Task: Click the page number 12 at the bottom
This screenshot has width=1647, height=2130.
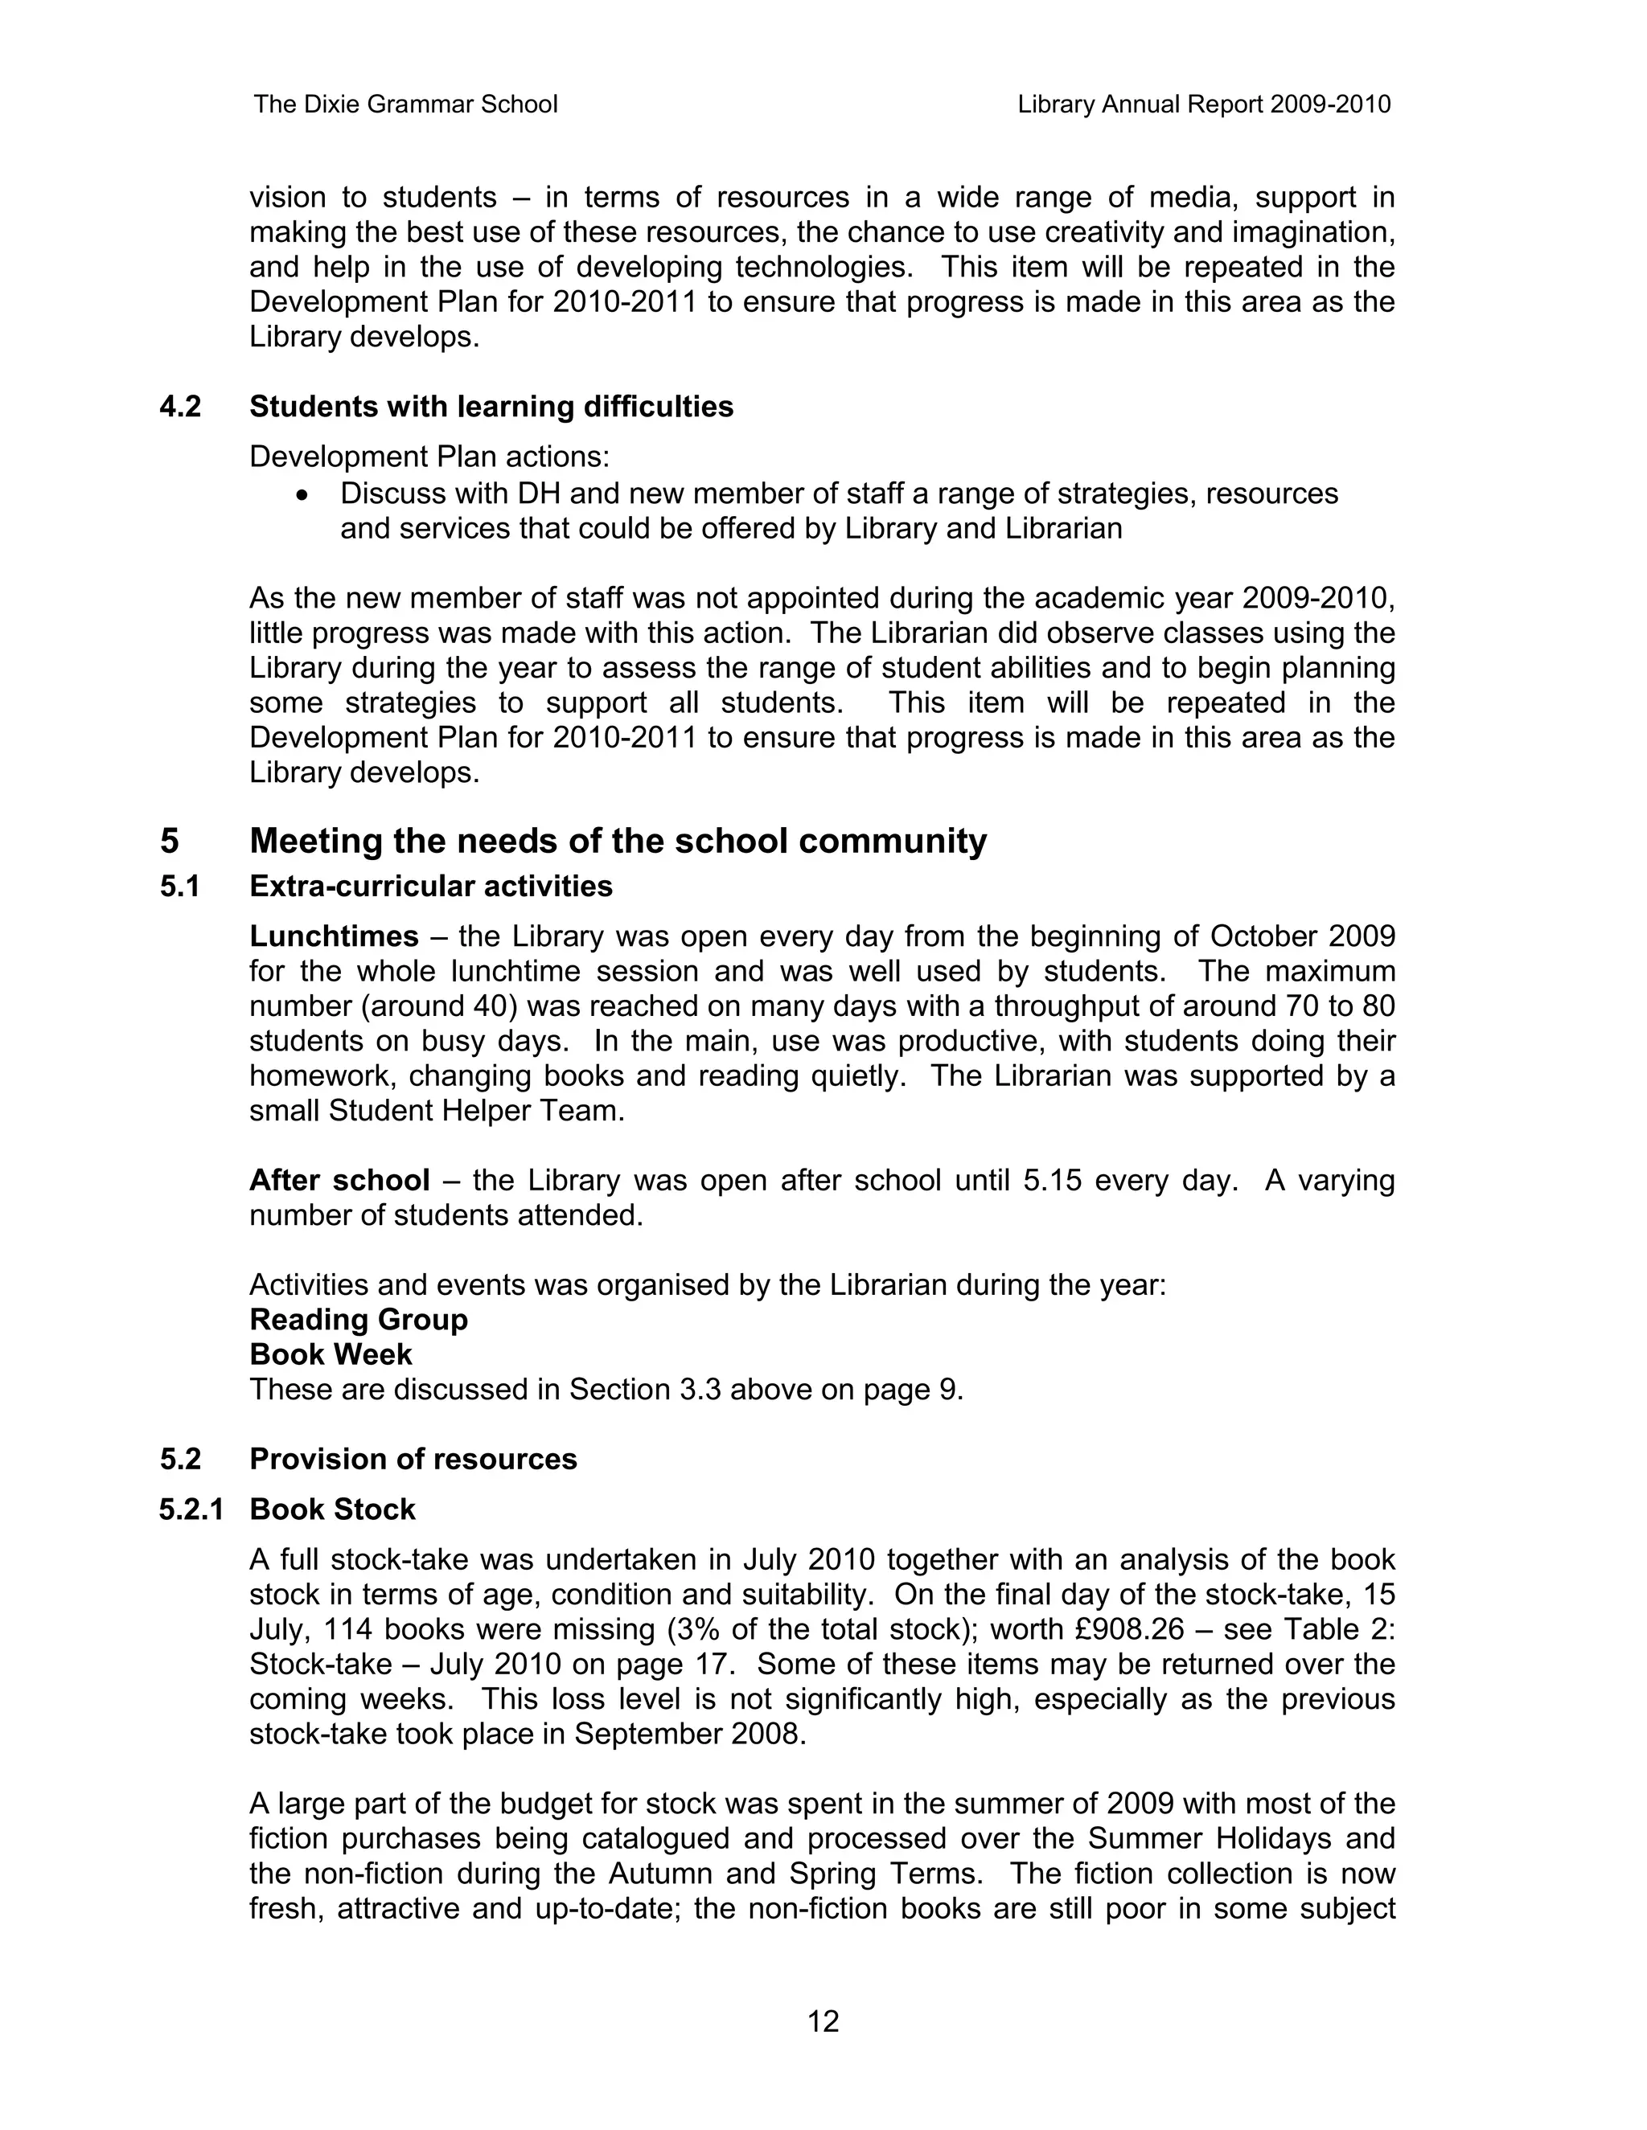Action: [823, 2021]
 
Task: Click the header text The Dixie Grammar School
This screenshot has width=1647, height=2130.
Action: [405, 104]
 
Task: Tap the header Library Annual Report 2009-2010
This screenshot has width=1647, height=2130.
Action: [1203, 104]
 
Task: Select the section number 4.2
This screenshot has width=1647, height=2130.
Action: [180, 407]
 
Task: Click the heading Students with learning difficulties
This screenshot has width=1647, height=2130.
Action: [491, 407]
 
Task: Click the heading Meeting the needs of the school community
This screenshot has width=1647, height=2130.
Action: [618, 841]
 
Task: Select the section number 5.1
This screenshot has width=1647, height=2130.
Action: [180, 887]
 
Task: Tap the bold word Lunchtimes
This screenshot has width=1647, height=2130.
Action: [334, 936]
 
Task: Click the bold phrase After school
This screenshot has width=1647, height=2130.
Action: [339, 1181]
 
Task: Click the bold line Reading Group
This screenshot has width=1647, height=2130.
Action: [358, 1320]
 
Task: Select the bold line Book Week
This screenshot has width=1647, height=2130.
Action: [331, 1354]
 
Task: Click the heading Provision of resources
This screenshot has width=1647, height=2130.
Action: [413, 1459]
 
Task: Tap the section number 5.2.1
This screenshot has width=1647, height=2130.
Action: [191, 1509]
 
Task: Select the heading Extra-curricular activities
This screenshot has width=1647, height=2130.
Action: [430, 887]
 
